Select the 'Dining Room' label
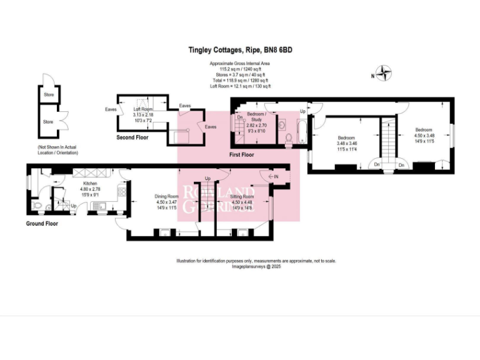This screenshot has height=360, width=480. click(166, 196)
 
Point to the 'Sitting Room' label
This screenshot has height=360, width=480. click(242, 196)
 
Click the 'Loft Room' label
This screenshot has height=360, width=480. click(142, 109)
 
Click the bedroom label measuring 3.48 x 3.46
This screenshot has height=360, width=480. click(347, 137)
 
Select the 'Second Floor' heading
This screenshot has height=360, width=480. click(132, 137)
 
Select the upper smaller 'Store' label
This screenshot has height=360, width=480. click(49, 95)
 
